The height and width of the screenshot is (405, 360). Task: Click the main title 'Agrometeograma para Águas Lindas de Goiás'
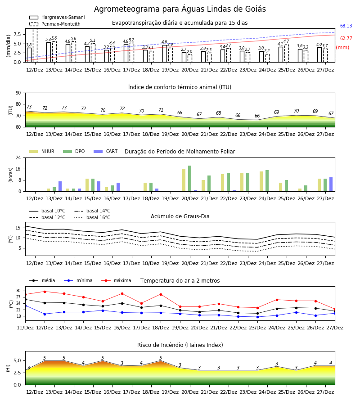point(180,9)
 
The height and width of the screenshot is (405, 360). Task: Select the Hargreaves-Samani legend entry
point(57,17)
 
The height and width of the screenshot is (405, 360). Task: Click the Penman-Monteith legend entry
point(55,24)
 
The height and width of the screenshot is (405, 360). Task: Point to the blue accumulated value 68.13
point(346,26)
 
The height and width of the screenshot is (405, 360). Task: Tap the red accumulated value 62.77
point(346,39)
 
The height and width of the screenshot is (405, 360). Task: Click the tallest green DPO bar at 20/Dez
point(189,179)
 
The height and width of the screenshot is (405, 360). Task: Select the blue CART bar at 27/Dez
point(331,184)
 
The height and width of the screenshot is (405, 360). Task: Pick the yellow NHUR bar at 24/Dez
point(261,182)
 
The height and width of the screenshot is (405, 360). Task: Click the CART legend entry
point(106,151)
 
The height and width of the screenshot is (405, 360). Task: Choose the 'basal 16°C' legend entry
point(92,217)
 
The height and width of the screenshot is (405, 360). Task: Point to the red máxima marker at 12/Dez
point(45,292)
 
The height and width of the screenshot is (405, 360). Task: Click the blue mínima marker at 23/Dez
point(257,317)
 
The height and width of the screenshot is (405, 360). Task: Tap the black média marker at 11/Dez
point(26,299)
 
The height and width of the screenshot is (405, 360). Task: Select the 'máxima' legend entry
point(116,280)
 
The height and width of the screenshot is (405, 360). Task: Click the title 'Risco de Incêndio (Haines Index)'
point(180,345)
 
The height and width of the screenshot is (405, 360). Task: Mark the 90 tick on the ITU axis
point(18,93)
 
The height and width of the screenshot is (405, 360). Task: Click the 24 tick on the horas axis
point(18,157)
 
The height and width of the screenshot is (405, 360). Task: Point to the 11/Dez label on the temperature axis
point(25,328)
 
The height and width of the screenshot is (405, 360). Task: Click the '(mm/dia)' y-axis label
point(8,46)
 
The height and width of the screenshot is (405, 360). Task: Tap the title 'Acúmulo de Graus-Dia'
point(180,216)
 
